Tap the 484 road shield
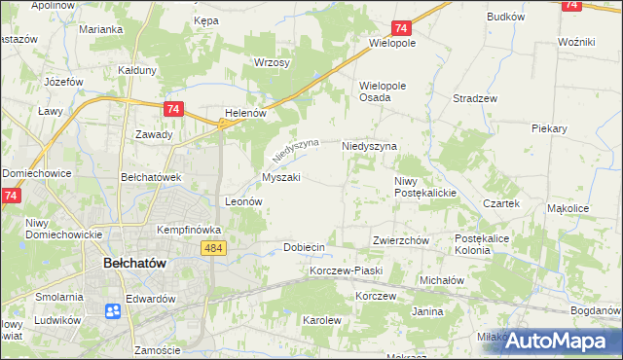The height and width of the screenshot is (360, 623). pos(216,250)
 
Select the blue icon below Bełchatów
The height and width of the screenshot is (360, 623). pos(113,311)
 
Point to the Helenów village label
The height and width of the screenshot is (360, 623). pos(245,113)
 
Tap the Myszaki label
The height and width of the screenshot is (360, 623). pos(281,178)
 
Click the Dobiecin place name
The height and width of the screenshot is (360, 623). pos(304,247)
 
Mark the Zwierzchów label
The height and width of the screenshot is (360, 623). pos(400,240)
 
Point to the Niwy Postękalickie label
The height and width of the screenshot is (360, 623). pos(425,187)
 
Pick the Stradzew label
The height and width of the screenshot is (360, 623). pos(475,99)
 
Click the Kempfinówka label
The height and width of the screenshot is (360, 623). pos(190,230)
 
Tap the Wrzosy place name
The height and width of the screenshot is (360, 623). pos(273,62)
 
